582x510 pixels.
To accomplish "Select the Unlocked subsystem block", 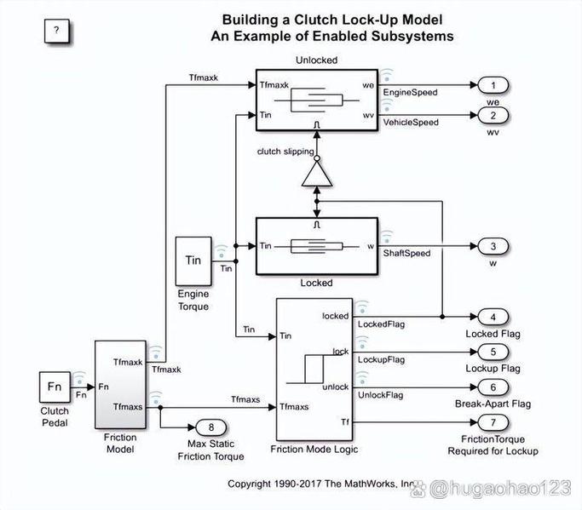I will tap(316, 100).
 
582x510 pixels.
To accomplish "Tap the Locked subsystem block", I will tap(316, 246).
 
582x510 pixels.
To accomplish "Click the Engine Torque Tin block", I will tap(194, 261).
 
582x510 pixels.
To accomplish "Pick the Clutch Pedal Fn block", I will tap(55, 388).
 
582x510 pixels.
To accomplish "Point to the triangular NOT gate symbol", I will tap(316, 177).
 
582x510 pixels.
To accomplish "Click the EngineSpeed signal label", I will tap(411, 92).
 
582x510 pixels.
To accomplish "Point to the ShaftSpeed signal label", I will tap(406, 253).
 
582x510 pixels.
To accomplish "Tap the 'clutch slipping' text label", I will tap(285, 152).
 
